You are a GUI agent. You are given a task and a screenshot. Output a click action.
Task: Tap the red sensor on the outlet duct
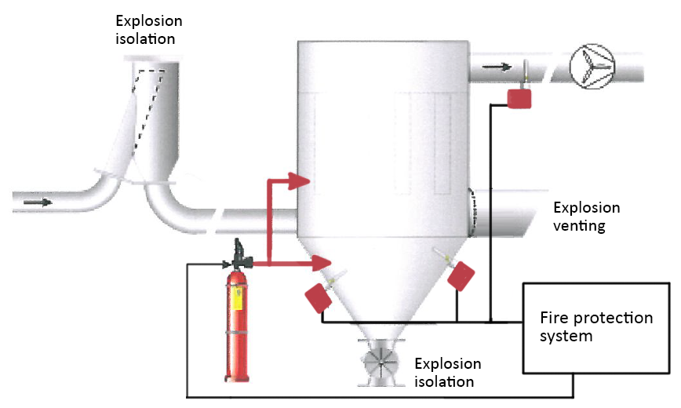tap(519, 98)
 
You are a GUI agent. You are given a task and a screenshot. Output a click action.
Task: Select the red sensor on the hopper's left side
tap(317, 297)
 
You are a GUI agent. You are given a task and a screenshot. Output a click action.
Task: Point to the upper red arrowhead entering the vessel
tap(301, 182)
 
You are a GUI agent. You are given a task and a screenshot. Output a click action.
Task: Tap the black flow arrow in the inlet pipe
tap(38, 202)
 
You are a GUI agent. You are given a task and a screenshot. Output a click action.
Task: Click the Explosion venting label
tap(586, 217)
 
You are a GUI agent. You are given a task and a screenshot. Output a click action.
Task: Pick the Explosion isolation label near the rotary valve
tap(447, 373)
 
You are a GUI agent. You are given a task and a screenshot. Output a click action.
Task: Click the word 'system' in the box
tap(566, 337)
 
